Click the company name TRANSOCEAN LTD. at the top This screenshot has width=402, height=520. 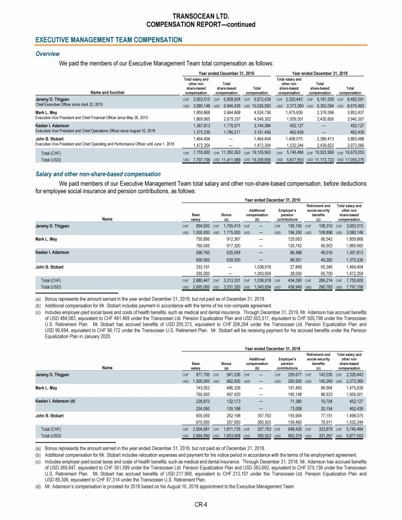(x=200, y=16)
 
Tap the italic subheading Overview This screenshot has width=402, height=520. (x=47, y=54)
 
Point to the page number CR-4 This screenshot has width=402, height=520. (x=200, y=504)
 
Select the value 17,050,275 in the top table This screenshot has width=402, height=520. (x=354, y=159)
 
